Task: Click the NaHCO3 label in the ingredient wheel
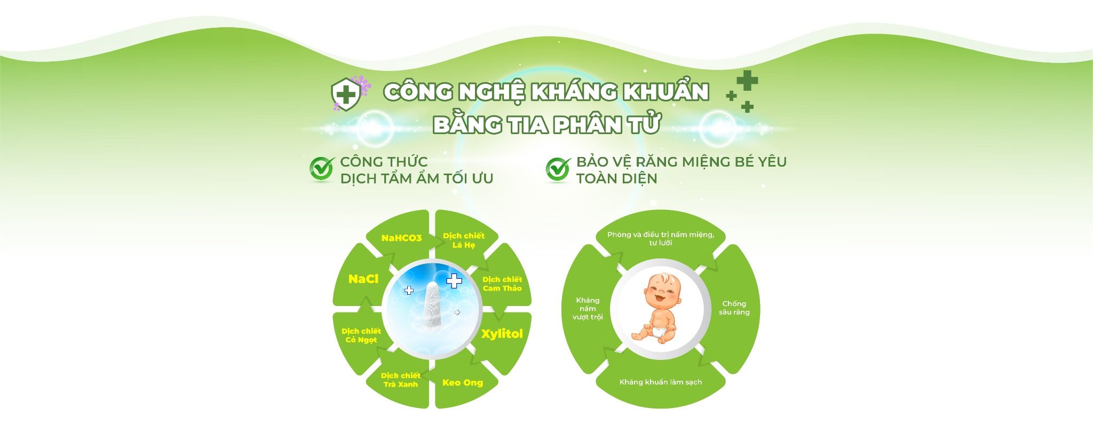tap(401, 238)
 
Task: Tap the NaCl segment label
tap(363, 279)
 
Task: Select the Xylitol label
tap(502, 334)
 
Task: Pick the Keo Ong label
tap(463, 382)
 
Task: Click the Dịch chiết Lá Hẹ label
tap(463, 240)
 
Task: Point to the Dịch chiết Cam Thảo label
tap(502, 284)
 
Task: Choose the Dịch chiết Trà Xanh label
tap(401, 380)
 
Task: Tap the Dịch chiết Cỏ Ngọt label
tap(361, 335)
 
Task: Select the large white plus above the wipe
tap(454, 280)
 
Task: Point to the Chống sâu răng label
tap(734, 308)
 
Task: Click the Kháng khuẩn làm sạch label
tap(661, 382)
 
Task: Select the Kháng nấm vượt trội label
tap(588, 309)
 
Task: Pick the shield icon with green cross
tap(346, 95)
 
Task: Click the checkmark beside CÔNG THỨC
tap(322, 169)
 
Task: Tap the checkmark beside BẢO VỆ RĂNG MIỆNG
tap(558, 169)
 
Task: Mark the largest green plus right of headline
tap(747, 81)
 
